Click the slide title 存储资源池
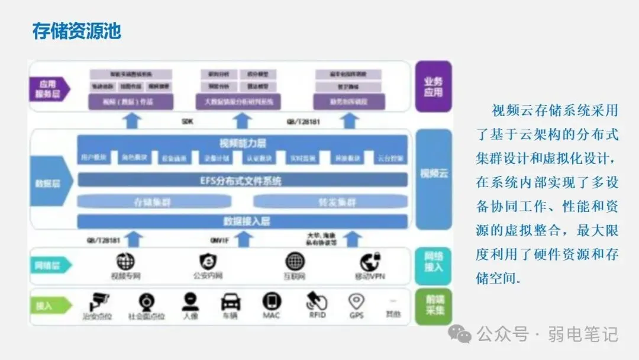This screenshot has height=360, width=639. [76, 30]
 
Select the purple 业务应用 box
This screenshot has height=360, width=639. [433, 87]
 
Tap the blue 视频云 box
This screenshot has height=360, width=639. [433, 173]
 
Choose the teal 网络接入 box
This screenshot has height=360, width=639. [433, 261]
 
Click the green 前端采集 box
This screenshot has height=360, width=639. [433, 306]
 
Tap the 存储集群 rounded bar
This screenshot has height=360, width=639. [152, 202]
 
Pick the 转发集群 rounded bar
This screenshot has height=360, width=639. [337, 202]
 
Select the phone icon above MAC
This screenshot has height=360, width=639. [272, 301]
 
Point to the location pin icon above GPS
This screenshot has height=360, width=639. [356, 301]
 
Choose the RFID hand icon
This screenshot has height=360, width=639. [316, 301]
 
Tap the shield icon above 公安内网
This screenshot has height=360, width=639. [208, 261]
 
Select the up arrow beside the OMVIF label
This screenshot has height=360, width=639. [243, 239]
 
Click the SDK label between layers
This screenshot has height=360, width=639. [188, 122]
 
